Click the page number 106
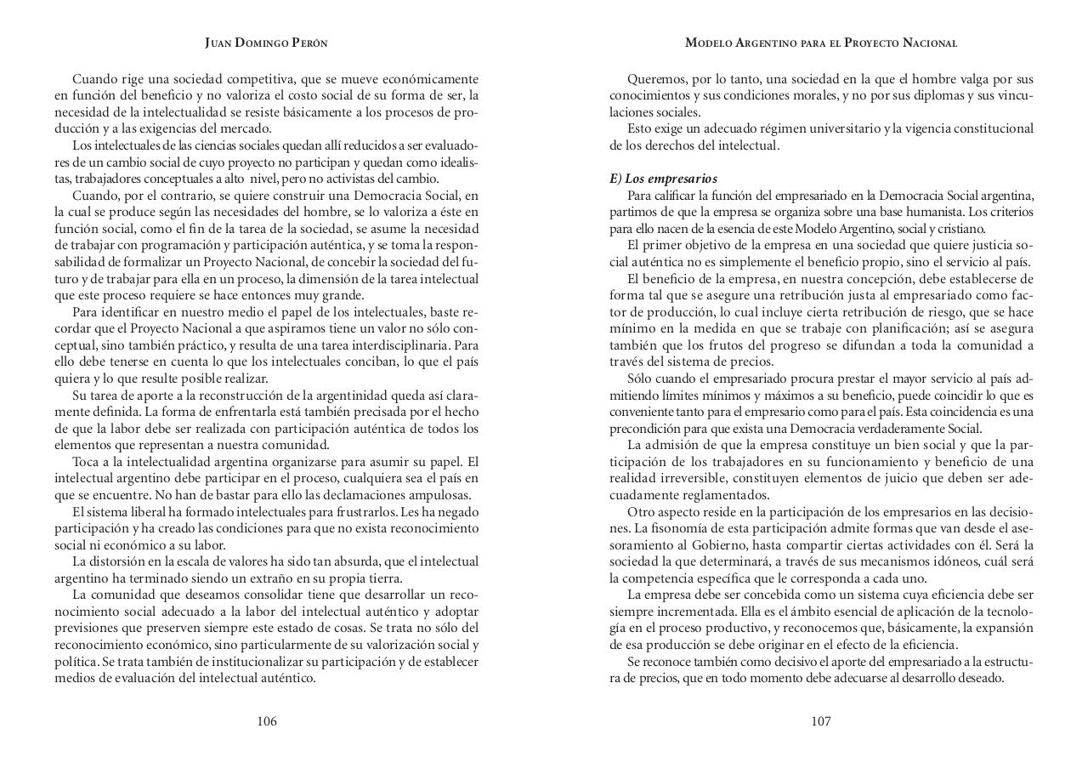pos(267,721)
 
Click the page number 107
pos(820,721)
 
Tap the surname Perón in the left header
pos(309,43)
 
